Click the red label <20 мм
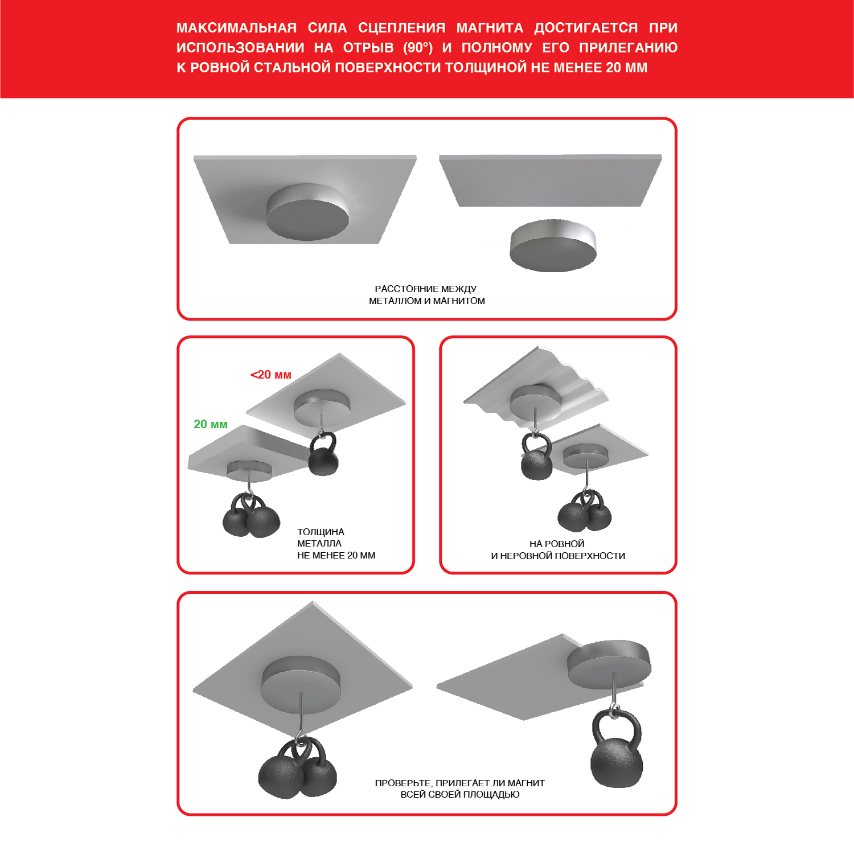point(271,375)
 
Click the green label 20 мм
point(211,424)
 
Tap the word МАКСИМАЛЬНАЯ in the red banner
point(236,28)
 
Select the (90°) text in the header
point(418,48)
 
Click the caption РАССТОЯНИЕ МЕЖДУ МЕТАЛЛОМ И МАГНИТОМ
point(426,295)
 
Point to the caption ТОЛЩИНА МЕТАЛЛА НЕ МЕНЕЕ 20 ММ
point(336,544)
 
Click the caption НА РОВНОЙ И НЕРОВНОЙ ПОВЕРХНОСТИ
point(558,550)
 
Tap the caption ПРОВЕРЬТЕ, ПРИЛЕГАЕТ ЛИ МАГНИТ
point(460,783)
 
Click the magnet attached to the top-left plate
point(307,212)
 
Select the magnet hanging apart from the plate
point(553,245)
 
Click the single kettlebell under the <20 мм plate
point(323,454)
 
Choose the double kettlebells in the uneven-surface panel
point(585,511)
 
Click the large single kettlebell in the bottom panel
point(616,749)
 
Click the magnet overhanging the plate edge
point(609,664)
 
